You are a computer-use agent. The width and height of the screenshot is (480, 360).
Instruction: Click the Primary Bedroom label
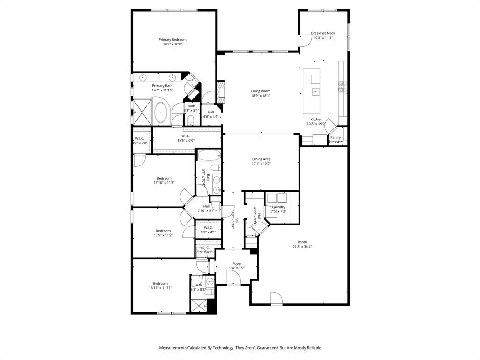coord(172,40)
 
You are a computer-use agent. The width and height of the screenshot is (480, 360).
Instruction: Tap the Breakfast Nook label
coord(323,33)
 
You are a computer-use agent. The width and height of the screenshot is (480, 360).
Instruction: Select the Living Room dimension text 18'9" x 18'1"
coord(261,96)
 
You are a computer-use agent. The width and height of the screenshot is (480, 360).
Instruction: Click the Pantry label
coord(336,137)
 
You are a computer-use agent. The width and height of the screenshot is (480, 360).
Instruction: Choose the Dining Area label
coord(261,159)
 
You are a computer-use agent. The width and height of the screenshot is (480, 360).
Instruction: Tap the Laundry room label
coord(278,207)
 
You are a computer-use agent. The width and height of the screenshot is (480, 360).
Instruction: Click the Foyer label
coord(237,263)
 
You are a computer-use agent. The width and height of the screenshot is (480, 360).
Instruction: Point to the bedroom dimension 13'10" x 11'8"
coord(164,183)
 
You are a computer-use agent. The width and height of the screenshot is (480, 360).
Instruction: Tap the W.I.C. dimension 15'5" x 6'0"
coord(186,140)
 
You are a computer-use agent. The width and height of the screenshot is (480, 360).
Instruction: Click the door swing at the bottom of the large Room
coord(276,298)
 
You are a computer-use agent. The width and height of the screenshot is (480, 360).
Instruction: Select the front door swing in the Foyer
coord(233,277)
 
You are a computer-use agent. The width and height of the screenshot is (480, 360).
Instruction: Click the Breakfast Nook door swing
coord(304,41)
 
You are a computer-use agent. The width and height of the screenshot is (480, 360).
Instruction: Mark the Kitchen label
coord(316,120)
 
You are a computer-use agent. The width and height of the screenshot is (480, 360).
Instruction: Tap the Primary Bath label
coord(162,86)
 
